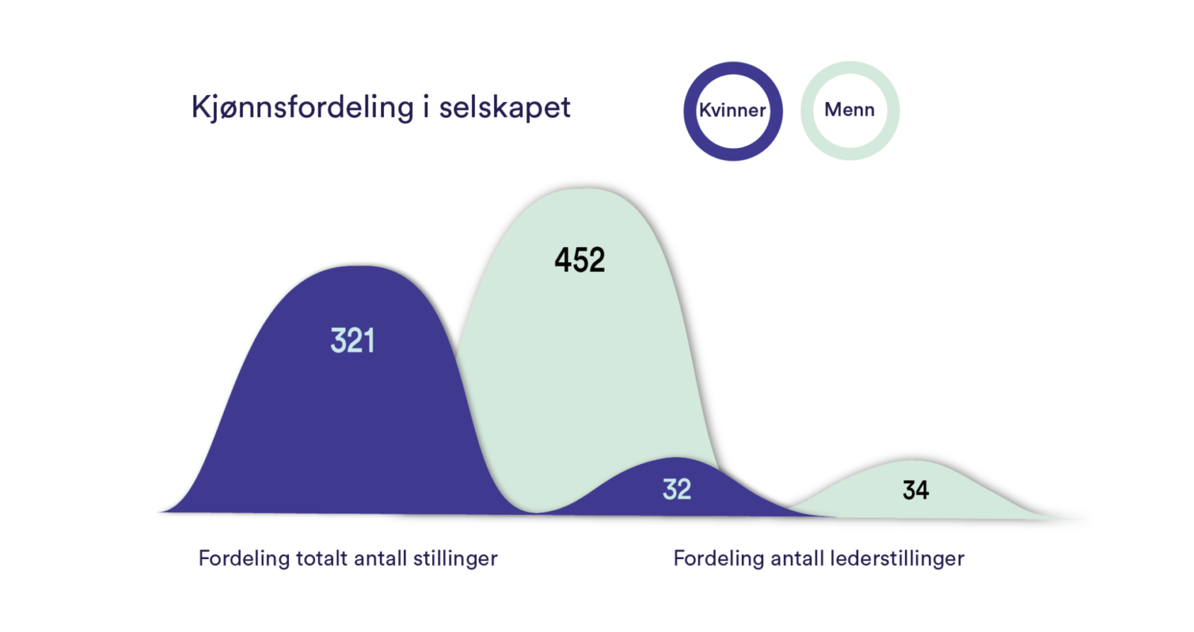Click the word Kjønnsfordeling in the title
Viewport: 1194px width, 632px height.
pos(302,108)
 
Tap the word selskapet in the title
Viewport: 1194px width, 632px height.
pos(505,108)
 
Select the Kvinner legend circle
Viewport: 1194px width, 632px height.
pos(733,111)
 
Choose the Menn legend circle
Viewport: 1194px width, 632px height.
pos(850,111)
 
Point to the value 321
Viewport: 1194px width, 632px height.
pos(352,341)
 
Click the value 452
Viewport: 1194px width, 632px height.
pos(580,260)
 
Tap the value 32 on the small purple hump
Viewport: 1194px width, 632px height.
pos(677,490)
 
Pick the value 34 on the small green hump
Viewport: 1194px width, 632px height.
pos(916,490)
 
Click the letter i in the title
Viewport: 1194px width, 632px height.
pos(426,108)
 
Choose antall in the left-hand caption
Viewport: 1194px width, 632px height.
pos(380,559)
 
